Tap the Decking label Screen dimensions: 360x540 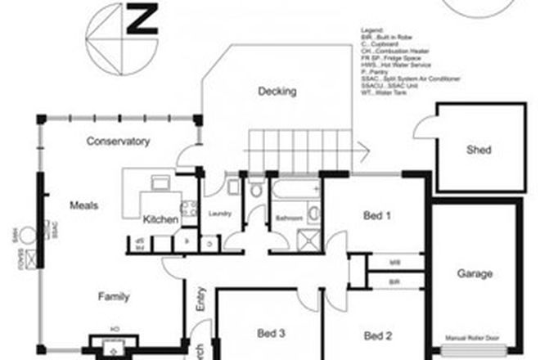pos(277,92)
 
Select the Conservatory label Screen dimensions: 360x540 pos(119,142)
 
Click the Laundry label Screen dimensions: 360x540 pos(220,214)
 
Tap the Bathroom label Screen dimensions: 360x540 pos(289,219)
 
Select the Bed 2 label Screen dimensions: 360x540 pos(378,335)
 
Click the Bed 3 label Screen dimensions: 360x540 pos(271,333)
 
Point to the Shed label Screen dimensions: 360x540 pos(479,151)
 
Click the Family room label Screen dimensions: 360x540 pos(113,296)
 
